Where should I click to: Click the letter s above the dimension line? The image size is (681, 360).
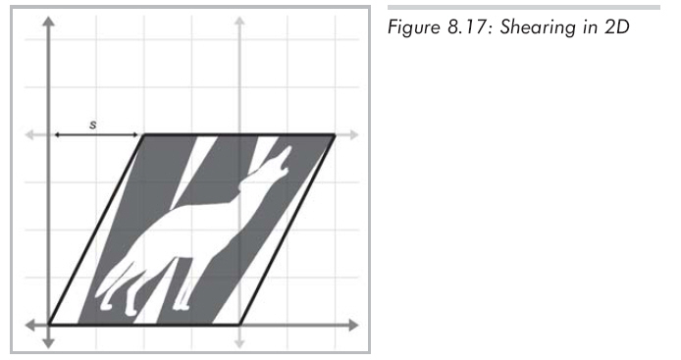pyautogui.click(x=92, y=125)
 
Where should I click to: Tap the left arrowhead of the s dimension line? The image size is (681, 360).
pyautogui.click(x=57, y=135)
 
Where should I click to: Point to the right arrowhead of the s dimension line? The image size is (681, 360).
pyautogui.click(x=135, y=135)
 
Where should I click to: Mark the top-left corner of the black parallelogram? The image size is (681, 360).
pyautogui.click(x=144, y=135)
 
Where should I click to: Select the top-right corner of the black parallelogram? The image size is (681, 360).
pyautogui.click(x=335, y=135)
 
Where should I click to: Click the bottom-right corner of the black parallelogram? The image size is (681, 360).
pyautogui.click(x=239, y=325)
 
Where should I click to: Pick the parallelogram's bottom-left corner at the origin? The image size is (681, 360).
pyautogui.click(x=49, y=325)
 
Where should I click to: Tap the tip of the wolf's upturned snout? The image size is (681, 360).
pyautogui.click(x=288, y=147)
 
